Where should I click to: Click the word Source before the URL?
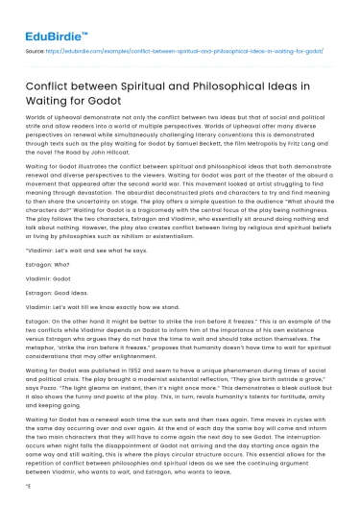point(33,45)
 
